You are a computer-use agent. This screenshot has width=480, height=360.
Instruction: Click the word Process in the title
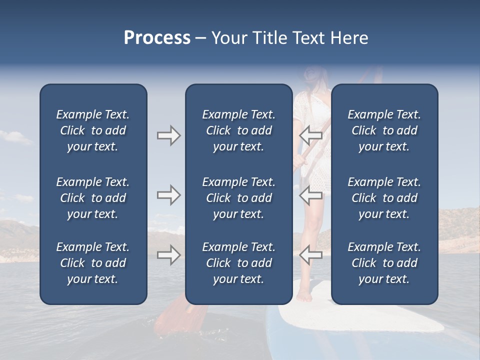pyautogui.click(x=157, y=38)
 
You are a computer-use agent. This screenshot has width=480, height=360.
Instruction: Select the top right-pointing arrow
pyautogui.click(x=168, y=135)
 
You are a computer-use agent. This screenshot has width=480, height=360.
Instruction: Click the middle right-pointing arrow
pyautogui.click(x=168, y=195)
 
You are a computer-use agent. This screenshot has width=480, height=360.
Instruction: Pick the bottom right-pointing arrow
pyautogui.click(x=168, y=255)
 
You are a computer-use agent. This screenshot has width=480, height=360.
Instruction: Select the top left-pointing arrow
pyautogui.click(x=311, y=134)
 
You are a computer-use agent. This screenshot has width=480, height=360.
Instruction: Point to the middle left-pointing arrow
pyautogui.click(x=311, y=195)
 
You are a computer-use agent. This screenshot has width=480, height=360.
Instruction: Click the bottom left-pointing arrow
pyautogui.click(x=311, y=254)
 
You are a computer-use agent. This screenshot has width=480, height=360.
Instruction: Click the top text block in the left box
pyautogui.click(x=93, y=130)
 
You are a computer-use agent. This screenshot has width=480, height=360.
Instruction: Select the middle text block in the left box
pyautogui.click(x=93, y=198)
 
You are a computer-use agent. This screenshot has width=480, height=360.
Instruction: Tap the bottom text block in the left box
pyautogui.click(x=93, y=263)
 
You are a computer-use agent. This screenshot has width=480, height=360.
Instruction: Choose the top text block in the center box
pyautogui.click(x=238, y=130)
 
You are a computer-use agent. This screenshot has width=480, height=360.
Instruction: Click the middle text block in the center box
pyautogui.click(x=238, y=198)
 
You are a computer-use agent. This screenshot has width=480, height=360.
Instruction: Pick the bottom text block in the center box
pyautogui.click(x=238, y=263)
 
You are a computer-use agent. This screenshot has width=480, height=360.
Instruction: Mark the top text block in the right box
pyautogui.click(x=384, y=130)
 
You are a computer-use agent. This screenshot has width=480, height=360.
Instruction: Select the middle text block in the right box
pyautogui.click(x=384, y=198)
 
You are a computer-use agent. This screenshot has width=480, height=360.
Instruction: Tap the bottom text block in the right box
pyautogui.click(x=384, y=263)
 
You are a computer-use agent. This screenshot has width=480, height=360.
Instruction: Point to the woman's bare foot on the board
pyautogui.click(x=303, y=296)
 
